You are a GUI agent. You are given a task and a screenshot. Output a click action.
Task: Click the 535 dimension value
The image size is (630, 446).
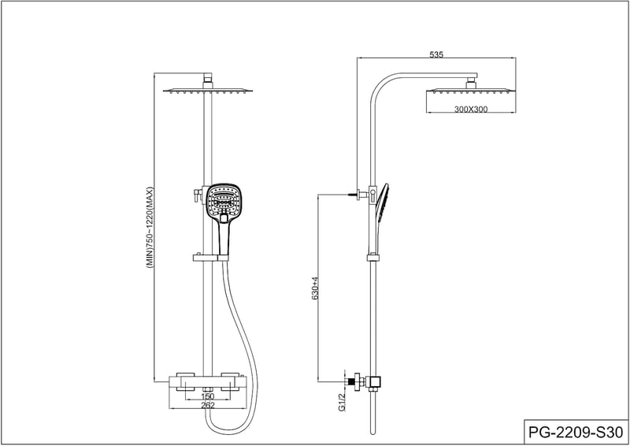point(436,54)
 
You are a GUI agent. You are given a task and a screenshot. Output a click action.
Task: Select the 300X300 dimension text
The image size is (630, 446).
point(471,109)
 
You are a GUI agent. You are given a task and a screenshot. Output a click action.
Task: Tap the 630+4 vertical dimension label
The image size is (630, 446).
point(315,288)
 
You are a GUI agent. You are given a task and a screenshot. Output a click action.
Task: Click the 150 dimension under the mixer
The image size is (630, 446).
point(208,396)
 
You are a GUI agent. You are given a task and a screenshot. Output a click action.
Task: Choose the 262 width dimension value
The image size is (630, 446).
point(208,405)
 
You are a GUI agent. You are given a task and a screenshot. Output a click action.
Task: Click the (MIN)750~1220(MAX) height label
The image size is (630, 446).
point(150,228)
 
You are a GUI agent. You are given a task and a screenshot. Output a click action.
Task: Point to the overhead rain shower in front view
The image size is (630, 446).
point(209,91)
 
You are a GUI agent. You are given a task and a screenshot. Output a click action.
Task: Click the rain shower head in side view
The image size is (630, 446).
point(471,91)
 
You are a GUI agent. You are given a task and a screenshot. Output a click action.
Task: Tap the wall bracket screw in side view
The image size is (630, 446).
point(354,195)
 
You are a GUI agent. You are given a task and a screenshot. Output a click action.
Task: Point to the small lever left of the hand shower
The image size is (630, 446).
point(198,195)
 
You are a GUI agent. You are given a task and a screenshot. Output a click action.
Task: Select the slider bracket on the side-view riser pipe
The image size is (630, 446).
point(372,258)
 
